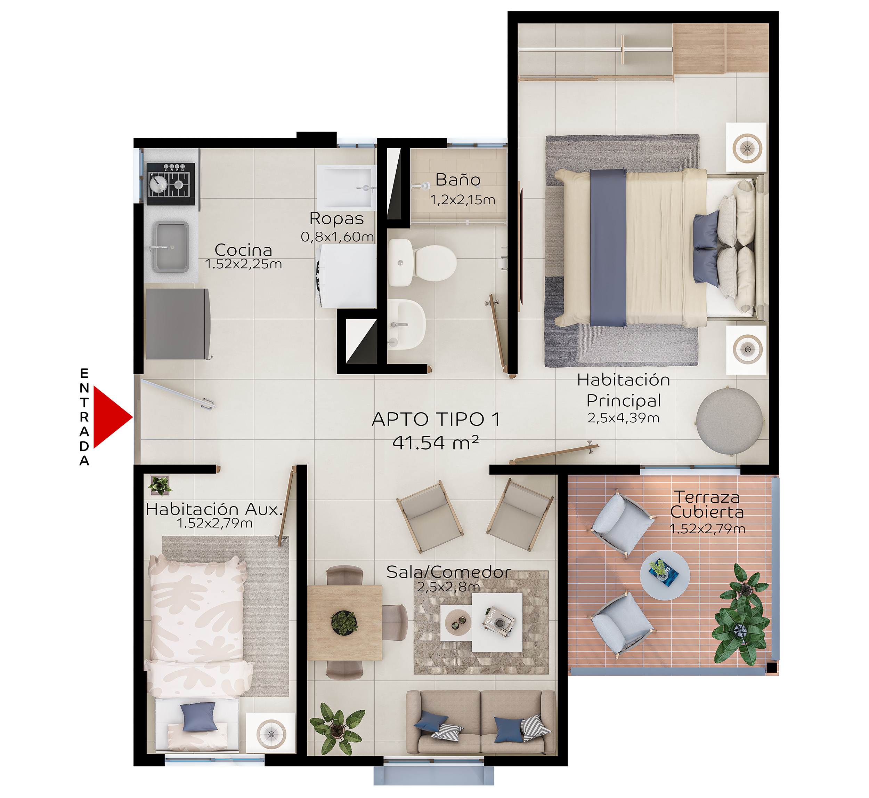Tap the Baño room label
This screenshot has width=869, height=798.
pyautogui.click(x=458, y=179)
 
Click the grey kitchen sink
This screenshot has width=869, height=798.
pyautogui.click(x=171, y=247)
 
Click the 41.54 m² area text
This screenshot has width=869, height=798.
pyautogui.click(x=436, y=442)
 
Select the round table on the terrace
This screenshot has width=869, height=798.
pyautogui.click(x=665, y=575)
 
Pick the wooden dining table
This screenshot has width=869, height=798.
pyautogui.click(x=345, y=623)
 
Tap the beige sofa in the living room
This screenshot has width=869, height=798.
pyautogui.click(x=481, y=722)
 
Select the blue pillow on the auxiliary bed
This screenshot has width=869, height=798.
pyautogui.click(x=199, y=717)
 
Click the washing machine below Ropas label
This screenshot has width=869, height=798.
pyautogui.click(x=347, y=276)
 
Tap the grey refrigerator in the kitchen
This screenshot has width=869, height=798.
pyautogui.click(x=178, y=324)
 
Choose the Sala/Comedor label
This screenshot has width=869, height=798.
pyautogui.click(x=449, y=572)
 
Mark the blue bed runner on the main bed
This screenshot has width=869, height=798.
pyautogui.click(x=608, y=248)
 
